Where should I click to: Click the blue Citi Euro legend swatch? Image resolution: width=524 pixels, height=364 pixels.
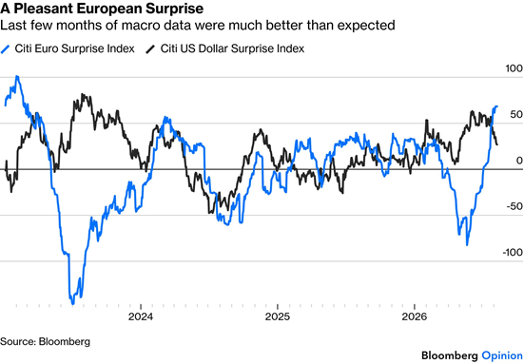6,49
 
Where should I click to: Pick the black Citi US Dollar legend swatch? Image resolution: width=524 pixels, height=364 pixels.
150,49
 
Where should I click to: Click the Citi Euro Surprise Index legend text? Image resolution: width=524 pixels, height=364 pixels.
74,48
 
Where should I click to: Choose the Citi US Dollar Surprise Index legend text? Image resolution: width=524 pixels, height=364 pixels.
232,48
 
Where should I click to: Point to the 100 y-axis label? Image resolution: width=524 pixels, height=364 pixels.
514,68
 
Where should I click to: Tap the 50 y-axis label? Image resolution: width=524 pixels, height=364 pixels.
516,115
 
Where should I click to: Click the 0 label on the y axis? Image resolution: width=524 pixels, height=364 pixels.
519,161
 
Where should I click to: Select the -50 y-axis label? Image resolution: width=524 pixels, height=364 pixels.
514,207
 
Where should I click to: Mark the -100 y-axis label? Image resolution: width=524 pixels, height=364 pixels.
513,253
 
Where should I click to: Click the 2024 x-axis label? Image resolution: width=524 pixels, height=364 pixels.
141,316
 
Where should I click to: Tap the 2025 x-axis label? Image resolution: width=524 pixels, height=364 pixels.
278,316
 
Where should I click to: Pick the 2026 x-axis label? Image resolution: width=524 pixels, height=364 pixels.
415,316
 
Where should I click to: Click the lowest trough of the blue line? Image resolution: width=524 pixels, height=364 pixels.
72,303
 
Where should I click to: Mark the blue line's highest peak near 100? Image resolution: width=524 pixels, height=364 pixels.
17,77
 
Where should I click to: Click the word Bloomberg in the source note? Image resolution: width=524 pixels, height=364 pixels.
65,342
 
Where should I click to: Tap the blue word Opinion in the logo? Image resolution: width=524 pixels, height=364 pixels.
502,355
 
